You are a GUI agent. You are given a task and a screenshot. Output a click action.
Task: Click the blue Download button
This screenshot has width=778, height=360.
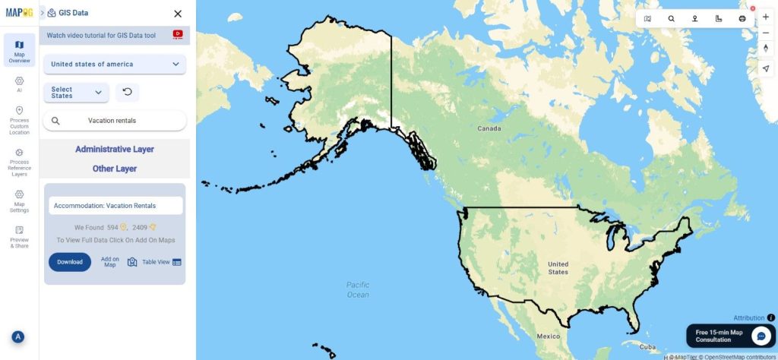point(69,262)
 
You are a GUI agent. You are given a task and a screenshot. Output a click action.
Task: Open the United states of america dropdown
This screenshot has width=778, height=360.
point(115,65)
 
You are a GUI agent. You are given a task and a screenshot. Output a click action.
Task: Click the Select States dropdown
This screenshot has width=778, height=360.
point(76,93)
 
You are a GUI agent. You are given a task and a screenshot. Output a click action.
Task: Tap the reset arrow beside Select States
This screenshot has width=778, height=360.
point(127,93)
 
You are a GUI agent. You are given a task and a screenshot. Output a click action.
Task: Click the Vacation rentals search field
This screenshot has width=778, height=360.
point(115,121)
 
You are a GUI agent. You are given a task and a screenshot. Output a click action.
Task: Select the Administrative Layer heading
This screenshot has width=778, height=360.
point(115,150)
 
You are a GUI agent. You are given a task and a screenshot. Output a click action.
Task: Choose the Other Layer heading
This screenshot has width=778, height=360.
point(115,169)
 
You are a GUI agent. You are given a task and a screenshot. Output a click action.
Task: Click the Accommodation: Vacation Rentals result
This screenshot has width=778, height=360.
point(115,206)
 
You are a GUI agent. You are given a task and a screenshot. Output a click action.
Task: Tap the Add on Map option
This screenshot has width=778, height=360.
point(110,262)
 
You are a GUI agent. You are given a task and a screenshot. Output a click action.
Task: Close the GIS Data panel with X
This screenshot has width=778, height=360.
point(178,14)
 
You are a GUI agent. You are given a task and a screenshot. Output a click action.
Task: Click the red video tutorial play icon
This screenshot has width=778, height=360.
point(178,34)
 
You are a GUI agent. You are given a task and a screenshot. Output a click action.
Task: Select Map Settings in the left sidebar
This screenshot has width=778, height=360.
point(20,201)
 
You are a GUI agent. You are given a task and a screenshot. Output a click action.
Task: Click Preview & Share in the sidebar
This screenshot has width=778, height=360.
point(20,237)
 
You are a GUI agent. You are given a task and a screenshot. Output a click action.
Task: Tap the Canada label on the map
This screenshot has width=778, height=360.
point(489,128)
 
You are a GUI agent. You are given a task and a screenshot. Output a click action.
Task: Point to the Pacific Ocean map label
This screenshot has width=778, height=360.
point(358,290)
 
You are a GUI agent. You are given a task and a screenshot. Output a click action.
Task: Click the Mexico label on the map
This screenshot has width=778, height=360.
point(548,336)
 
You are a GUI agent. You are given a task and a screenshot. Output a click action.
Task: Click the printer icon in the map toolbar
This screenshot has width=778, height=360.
point(742,18)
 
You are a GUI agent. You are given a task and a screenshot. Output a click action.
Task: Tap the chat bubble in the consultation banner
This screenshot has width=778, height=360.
point(761,336)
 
